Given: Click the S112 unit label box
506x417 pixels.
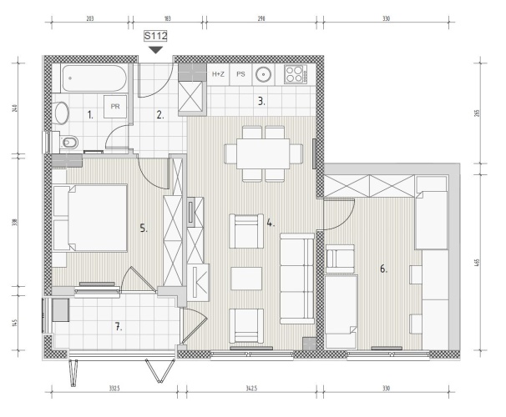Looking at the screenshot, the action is (x=155, y=36).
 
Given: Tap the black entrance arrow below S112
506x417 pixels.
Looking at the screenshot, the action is (x=155, y=50).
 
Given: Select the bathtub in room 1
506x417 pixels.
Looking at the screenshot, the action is (x=94, y=78).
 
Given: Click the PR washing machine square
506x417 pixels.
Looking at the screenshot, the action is (x=115, y=107).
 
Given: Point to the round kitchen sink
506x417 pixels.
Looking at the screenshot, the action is (x=264, y=74).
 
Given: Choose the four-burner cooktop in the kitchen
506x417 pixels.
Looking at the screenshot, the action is (x=296, y=74).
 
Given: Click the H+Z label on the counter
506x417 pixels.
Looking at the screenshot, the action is (x=218, y=74).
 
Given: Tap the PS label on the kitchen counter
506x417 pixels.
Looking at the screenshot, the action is (x=240, y=74).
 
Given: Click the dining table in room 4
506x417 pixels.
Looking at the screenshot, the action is (x=263, y=153).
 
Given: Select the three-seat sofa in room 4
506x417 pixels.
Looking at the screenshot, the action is (x=297, y=279).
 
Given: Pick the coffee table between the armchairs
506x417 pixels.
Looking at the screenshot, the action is (x=246, y=279).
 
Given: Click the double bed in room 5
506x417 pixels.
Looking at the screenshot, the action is (x=90, y=218).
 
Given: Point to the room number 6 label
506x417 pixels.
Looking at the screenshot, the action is (x=383, y=269).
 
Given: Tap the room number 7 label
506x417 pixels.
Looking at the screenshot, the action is (x=119, y=327).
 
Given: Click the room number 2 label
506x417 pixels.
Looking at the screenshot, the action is (x=160, y=115).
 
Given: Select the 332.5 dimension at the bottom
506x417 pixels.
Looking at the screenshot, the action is (x=114, y=389).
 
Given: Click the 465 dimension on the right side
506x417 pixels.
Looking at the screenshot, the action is (x=478, y=263).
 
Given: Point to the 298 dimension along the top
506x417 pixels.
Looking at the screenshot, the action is (x=261, y=18).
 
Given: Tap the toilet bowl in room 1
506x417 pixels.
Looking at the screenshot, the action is (x=61, y=113).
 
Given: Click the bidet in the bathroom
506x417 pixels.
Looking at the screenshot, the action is (x=68, y=142).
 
